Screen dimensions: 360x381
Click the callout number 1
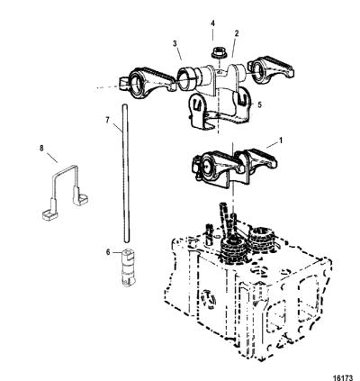pos(281,141)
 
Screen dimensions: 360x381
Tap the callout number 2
pos(237,33)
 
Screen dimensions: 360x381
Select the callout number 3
pos(175,44)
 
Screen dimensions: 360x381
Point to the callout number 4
pos(212,23)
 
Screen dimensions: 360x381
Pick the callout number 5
pos(260,104)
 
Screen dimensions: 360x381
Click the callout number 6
pos(108,252)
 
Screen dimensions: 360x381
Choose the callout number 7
pos(107,120)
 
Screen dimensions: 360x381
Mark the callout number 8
pos(41,148)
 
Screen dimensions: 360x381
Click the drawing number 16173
pos(344,376)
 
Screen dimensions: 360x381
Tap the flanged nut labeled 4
pos(216,53)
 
